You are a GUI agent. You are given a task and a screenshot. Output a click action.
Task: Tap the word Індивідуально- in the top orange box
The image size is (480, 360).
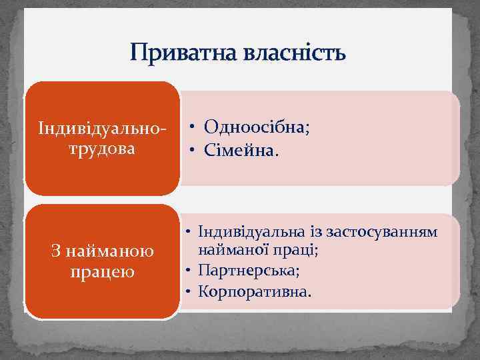click(101, 128)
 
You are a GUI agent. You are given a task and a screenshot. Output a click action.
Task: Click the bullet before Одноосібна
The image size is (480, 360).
click(191, 128)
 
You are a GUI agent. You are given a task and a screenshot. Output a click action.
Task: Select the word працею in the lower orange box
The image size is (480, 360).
click(101, 272)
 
